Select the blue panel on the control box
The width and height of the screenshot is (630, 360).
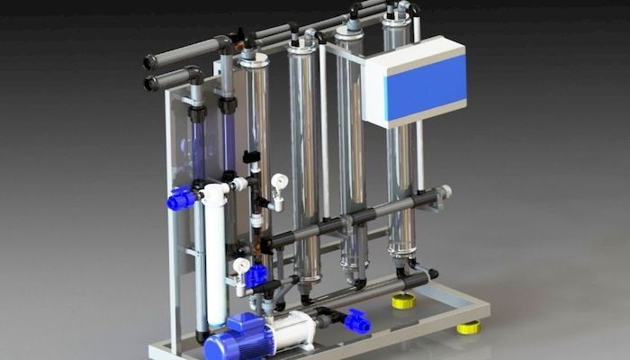(x=426, y=86)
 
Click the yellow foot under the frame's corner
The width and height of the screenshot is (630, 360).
(x=467, y=327)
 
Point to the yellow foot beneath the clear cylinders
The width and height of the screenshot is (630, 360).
(x=404, y=301)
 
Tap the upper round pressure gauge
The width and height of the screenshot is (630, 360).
(x=279, y=182)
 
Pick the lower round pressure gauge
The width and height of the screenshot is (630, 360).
(x=241, y=265)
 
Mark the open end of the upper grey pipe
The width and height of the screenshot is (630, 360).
(x=150, y=62)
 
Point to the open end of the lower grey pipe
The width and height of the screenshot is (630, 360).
(x=151, y=84)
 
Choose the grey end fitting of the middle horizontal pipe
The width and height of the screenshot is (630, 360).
(x=443, y=192)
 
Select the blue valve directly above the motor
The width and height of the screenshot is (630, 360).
(x=256, y=274)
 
